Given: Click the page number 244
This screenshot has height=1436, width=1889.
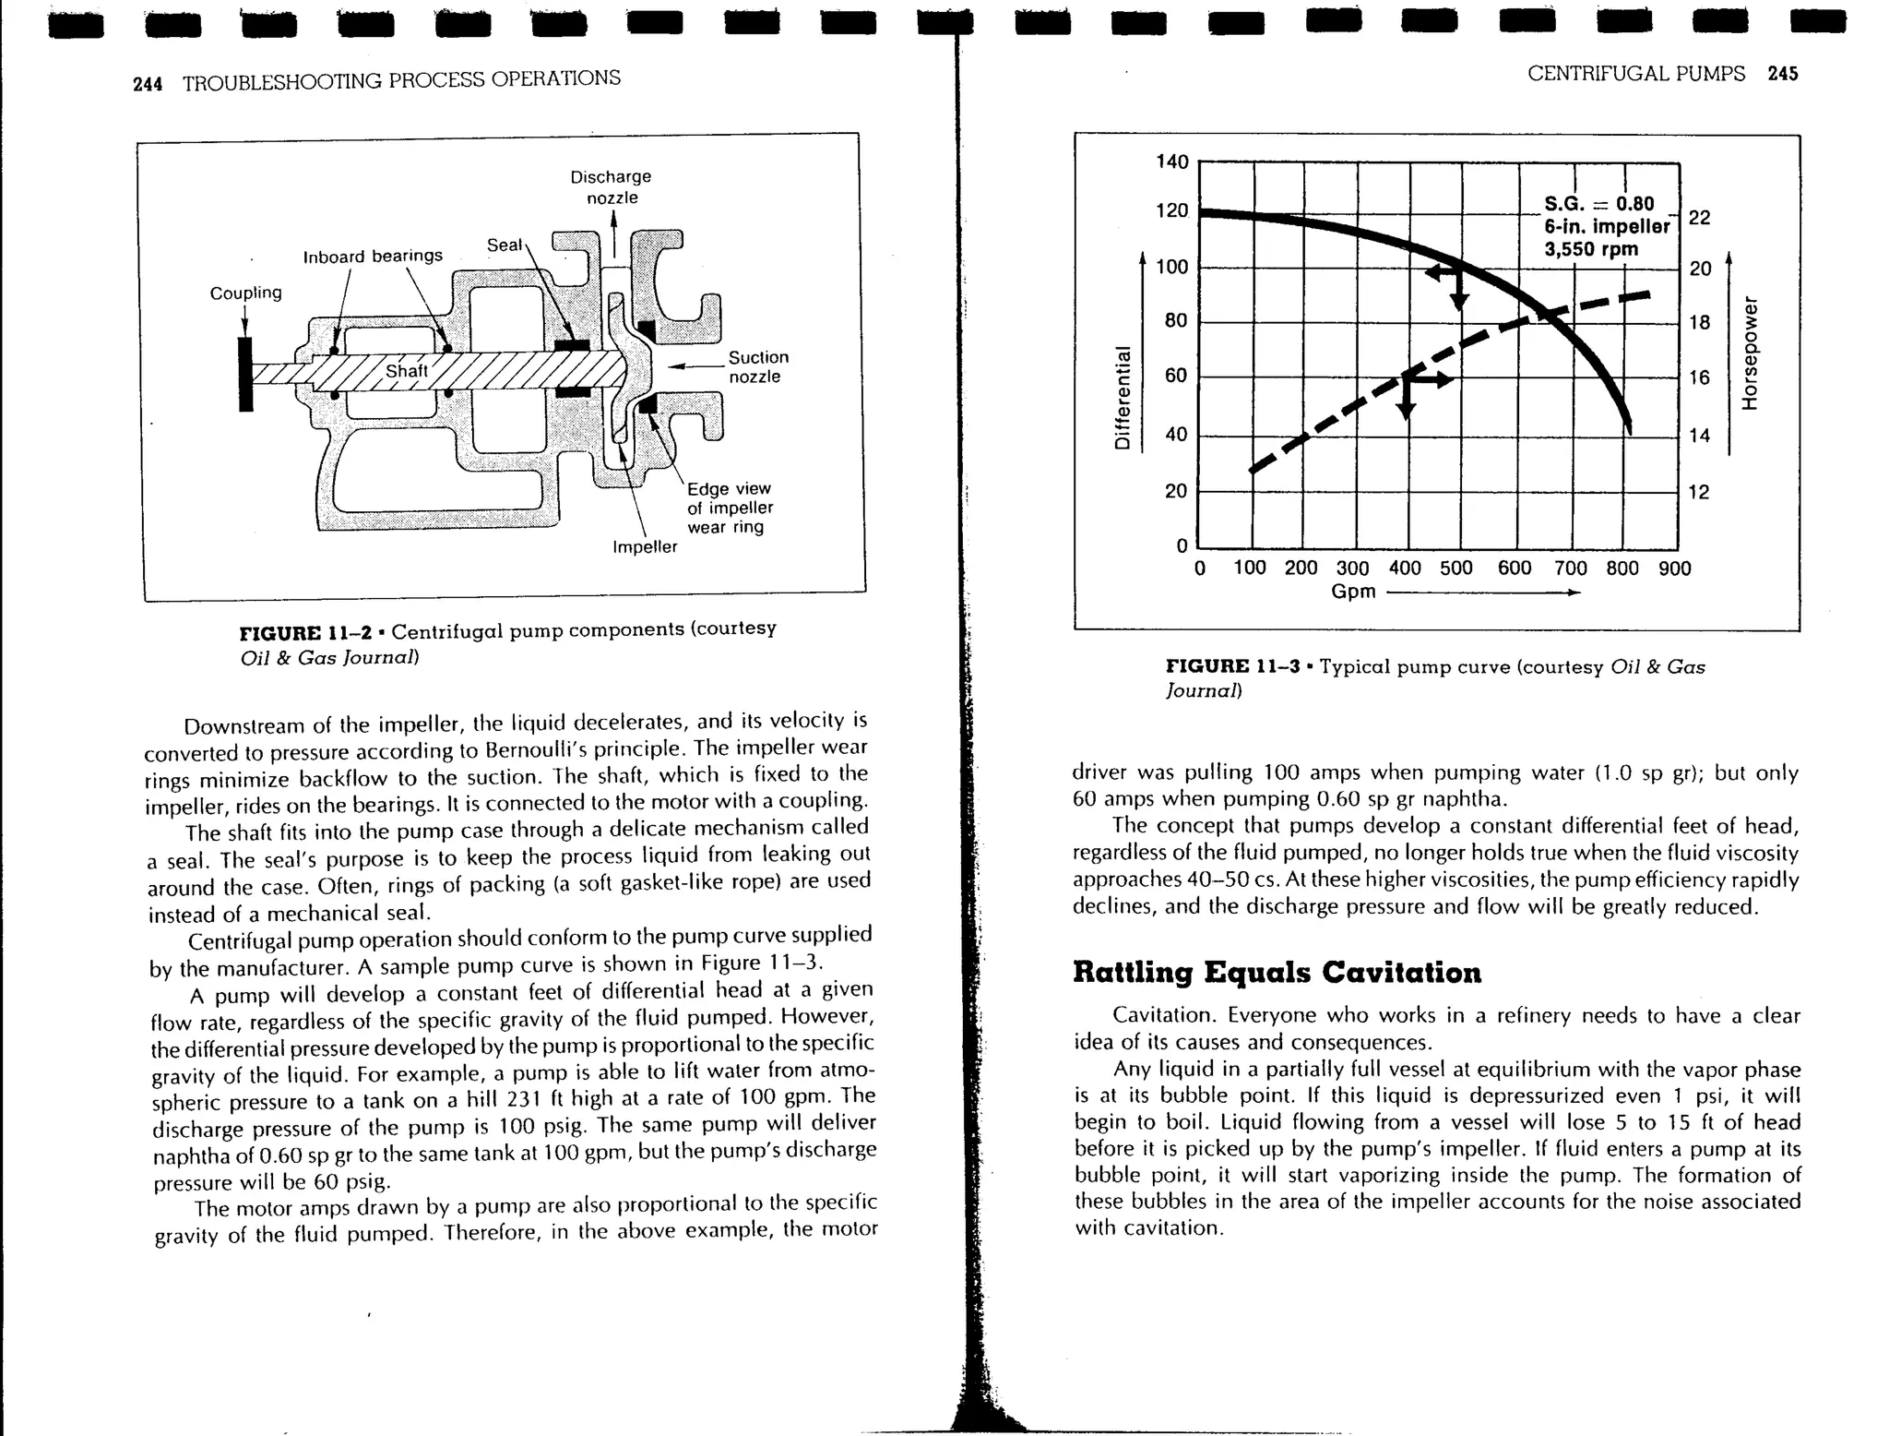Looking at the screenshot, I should pos(148,84).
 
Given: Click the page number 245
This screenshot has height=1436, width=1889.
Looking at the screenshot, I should pos(1783,74).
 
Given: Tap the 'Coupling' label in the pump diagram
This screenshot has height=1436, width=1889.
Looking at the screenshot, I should pos(245,293).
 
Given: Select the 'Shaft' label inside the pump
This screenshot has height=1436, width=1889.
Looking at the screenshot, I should pos(407,371).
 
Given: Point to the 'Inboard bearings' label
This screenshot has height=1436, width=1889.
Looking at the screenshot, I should pos(373,256).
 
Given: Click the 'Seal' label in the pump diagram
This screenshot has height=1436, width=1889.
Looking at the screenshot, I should pos(505,245).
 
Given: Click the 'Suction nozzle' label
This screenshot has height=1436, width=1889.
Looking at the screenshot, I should pos(758,366).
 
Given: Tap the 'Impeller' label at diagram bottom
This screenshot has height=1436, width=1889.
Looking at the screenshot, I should pos(645,546).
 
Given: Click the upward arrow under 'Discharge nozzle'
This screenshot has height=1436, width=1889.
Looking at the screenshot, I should pos(613,232).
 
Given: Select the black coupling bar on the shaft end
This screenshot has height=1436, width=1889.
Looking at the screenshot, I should pos(245,374).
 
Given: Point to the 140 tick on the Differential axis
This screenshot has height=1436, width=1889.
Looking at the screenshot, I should pos(1172,162).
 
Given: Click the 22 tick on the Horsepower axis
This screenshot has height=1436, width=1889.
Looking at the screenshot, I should pos(1699,218).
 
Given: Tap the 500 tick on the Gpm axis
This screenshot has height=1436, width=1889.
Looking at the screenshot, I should pos(1455,568).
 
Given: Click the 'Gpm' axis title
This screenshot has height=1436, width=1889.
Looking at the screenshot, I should pos(1353,592).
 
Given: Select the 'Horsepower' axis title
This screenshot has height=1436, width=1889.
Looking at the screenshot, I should pos(1749,353).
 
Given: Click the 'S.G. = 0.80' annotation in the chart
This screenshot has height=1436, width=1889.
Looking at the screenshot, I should pos(1598,203).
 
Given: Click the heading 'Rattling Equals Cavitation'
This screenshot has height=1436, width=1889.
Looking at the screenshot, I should pos(1277,972).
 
